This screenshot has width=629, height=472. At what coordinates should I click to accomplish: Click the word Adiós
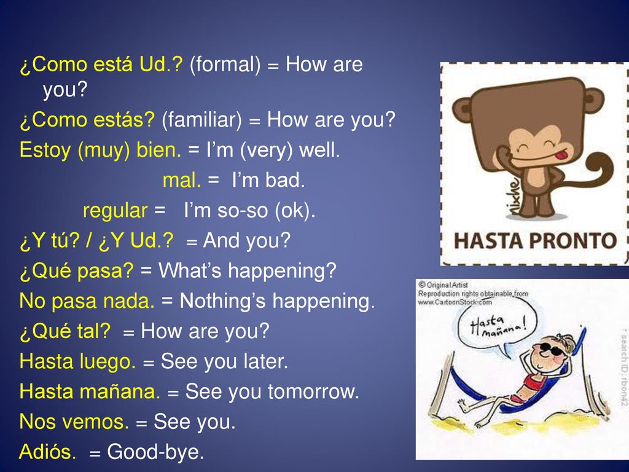pos(47,451)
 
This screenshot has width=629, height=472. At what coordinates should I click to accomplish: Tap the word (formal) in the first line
pos(225,65)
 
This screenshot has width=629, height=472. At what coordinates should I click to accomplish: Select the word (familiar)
pos(201,120)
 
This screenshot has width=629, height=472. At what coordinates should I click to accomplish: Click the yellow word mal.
pos(182,180)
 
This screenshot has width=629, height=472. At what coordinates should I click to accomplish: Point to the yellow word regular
pos(115,211)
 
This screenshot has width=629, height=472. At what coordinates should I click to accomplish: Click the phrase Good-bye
pos(155,452)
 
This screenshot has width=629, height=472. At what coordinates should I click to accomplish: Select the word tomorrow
pos(313,391)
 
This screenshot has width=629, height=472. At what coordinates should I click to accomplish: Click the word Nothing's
pos(222,301)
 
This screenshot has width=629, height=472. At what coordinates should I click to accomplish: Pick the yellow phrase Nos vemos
pos(74,422)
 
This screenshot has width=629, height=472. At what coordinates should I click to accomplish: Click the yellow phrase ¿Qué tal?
pos(65,331)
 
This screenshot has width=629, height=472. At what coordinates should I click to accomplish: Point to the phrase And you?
pos(247,241)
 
